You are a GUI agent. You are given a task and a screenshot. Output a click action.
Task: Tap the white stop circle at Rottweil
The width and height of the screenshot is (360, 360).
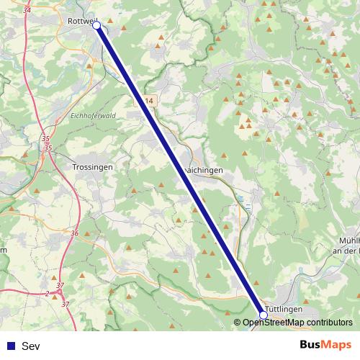(x=96, y=24)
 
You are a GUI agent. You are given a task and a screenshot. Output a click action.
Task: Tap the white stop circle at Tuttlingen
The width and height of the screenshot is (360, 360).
(x=264, y=315)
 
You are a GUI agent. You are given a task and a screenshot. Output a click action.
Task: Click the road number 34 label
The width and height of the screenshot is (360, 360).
(x=27, y=10)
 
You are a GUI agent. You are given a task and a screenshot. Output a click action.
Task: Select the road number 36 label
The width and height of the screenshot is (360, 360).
(x=75, y=233)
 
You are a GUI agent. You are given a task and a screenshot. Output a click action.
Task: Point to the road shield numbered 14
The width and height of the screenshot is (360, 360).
(x=148, y=102)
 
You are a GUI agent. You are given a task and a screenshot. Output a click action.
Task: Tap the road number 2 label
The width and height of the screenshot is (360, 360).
(x=47, y=293)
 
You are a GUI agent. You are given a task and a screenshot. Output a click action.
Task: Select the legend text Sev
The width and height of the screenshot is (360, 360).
(x=30, y=346)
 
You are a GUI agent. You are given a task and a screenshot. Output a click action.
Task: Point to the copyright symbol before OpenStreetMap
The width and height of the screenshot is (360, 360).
(x=238, y=323)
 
